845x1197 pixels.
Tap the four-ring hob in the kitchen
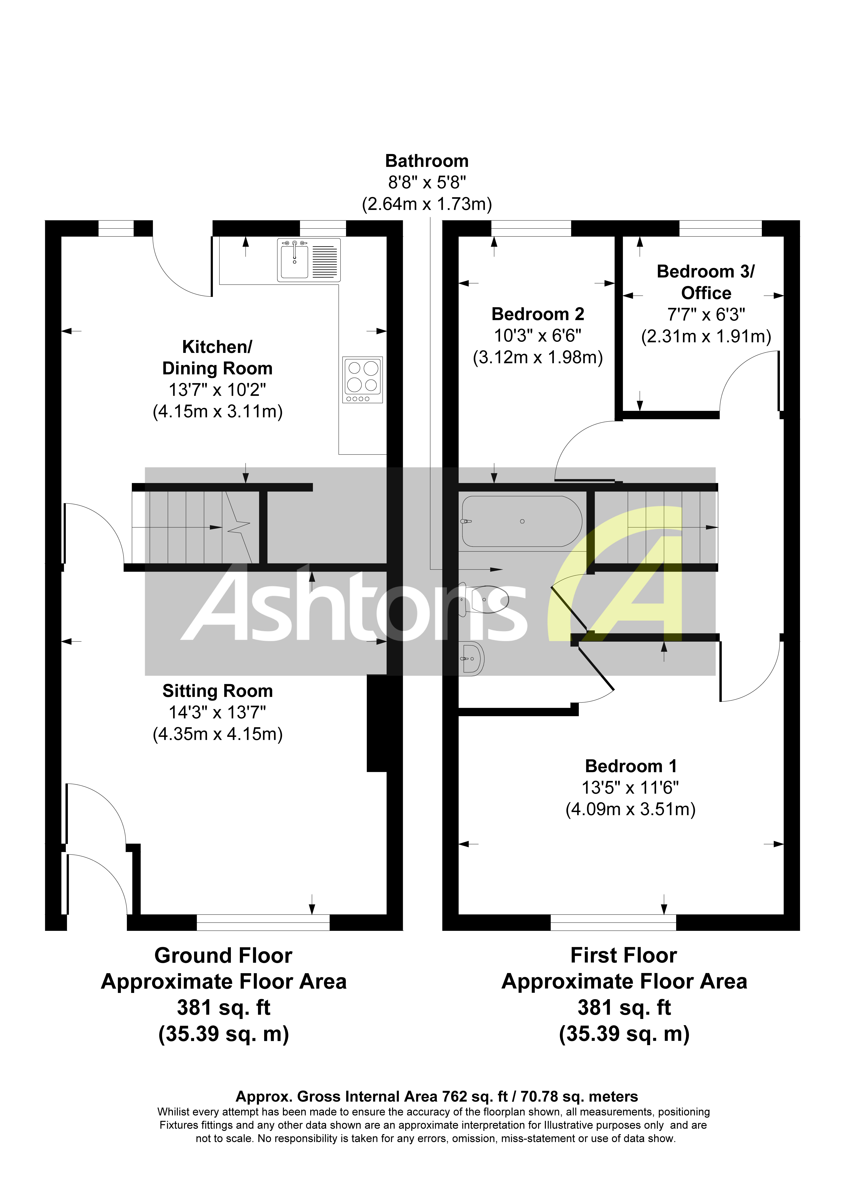point(363,380)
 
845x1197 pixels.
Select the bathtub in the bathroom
point(522,521)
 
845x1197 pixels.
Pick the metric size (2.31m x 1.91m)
point(706,336)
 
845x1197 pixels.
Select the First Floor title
point(624,956)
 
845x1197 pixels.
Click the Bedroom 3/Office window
point(720,228)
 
